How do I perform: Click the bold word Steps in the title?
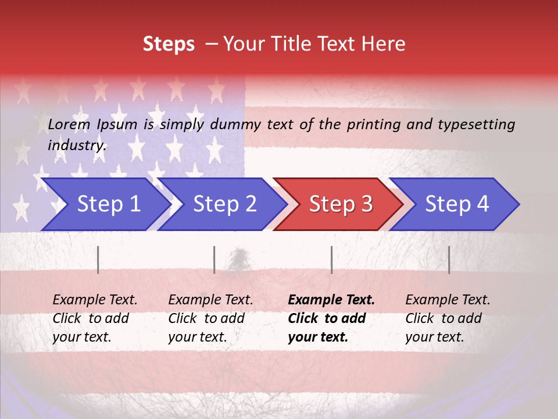point(169,44)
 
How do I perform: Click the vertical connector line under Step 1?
point(98,260)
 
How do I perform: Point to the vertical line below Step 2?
point(214,260)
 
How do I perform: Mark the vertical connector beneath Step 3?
point(331,260)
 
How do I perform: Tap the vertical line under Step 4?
point(449,260)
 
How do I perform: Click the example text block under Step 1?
point(95,318)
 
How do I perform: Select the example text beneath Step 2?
point(210,318)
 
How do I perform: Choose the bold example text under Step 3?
point(331,318)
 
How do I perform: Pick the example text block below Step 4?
point(448,318)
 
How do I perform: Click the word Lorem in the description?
point(69,125)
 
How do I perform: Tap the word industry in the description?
point(77,145)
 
